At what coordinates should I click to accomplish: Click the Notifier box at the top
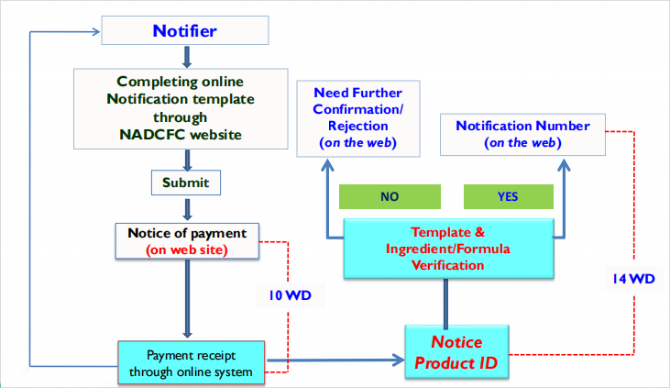click(x=186, y=32)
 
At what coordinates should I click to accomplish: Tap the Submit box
click(x=186, y=183)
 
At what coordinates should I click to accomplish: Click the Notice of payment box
click(x=186, y=240)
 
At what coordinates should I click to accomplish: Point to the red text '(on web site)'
click(x=186, y=249)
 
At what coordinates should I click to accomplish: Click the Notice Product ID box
click(x=456, y=352)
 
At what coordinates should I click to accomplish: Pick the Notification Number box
click(x=523, y=134)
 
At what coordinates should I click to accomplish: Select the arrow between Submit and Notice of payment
click(x=186, y=208)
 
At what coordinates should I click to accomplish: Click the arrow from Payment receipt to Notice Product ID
click(x=334, y=360)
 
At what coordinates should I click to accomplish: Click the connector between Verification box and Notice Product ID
click(x=446, y=300)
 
